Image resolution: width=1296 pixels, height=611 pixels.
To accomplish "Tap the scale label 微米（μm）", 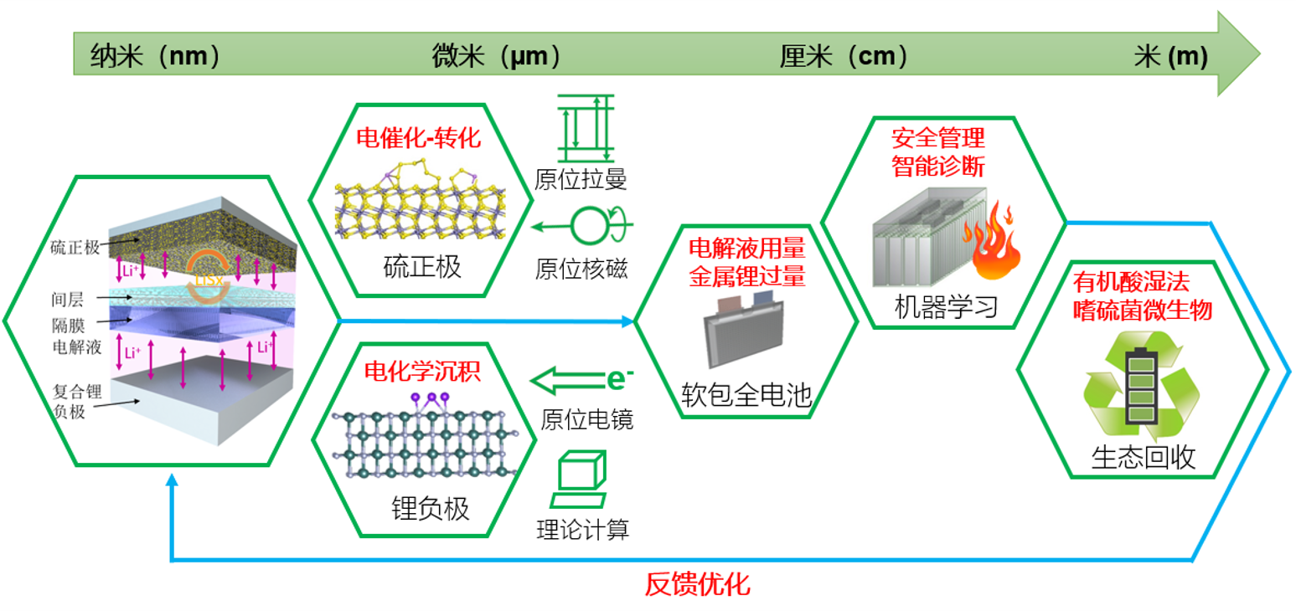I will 495,56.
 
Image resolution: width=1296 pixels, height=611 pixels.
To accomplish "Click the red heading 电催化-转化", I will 420,137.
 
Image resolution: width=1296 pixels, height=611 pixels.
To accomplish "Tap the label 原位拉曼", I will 581,178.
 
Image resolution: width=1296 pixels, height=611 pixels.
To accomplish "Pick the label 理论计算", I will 583,529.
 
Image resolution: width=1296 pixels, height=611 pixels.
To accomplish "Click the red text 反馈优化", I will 697,583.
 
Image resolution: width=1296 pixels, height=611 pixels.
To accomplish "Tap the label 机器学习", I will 946,309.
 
